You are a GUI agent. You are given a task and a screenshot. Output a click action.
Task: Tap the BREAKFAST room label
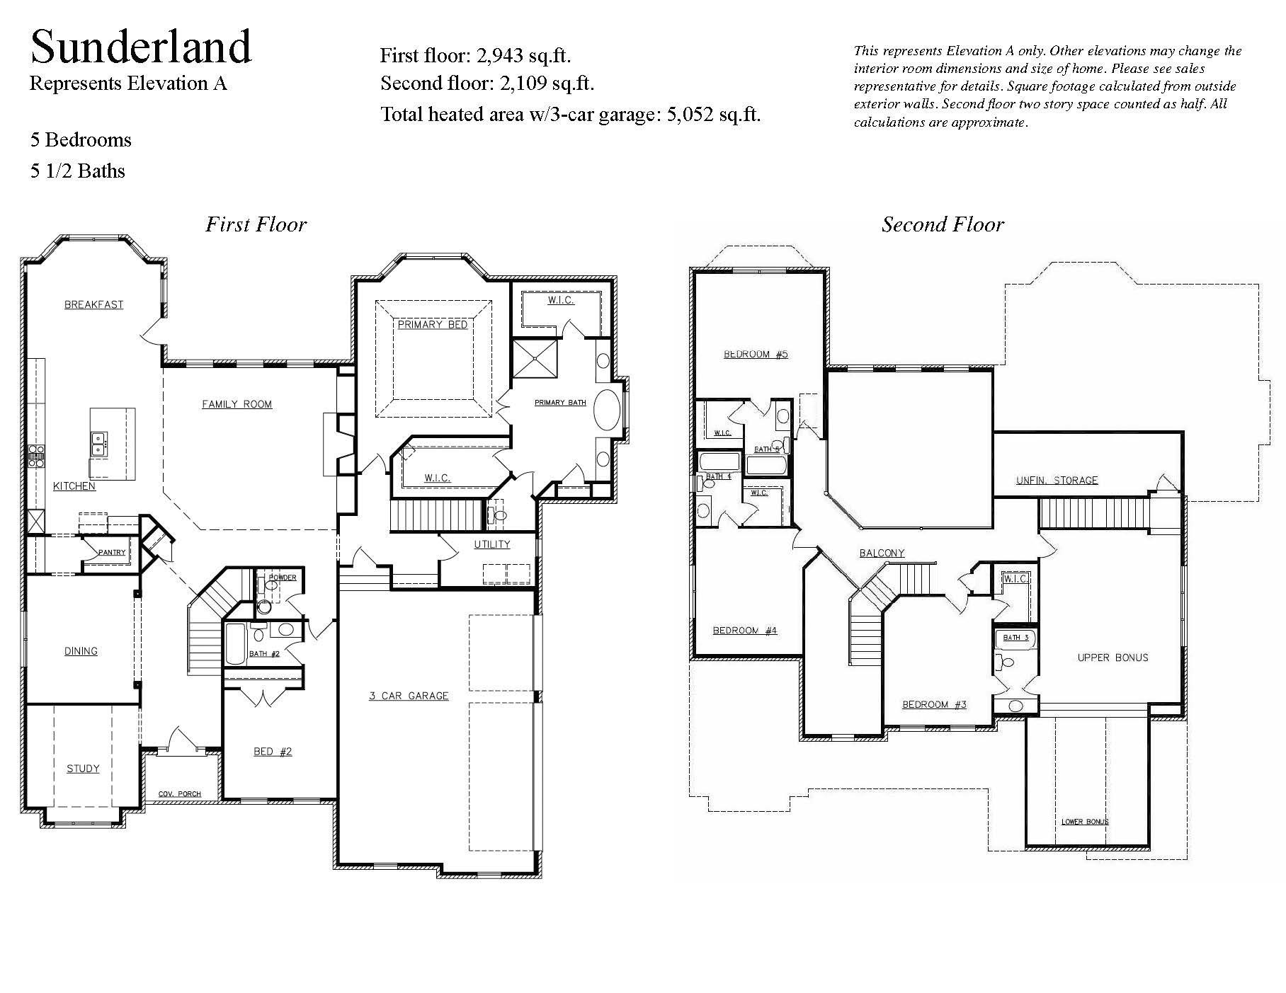click(93, 305)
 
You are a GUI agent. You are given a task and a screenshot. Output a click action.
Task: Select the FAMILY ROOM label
click(237, 404)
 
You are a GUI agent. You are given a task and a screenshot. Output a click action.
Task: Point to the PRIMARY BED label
click(432, 324)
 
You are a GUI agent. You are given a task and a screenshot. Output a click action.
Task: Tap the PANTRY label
click(112, 552)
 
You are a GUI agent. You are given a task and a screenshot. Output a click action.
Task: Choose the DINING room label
click(81, 651)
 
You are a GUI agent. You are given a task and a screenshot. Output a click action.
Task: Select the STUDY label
click(83, 769)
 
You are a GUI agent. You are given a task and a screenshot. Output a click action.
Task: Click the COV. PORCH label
click(179, 794)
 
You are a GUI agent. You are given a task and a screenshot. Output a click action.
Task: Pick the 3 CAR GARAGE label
click(409, 696)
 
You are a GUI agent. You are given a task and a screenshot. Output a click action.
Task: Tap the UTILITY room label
click(491, 544)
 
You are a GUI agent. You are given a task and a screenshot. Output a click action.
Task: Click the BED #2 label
click(273, 752)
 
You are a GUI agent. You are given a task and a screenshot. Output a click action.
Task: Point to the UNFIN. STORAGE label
click(1057, 481)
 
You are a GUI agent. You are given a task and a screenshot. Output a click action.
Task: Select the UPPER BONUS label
click(1113, 658)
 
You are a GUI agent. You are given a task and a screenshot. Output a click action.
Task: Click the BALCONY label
click(882, 553)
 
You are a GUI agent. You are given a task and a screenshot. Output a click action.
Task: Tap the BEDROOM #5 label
click(756, 354)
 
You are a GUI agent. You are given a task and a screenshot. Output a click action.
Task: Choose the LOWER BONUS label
click(1084, 822)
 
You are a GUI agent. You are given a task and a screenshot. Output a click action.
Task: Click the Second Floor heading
click(943, 225)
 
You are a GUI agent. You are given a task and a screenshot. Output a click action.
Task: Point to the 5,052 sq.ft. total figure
click(713, 114)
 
